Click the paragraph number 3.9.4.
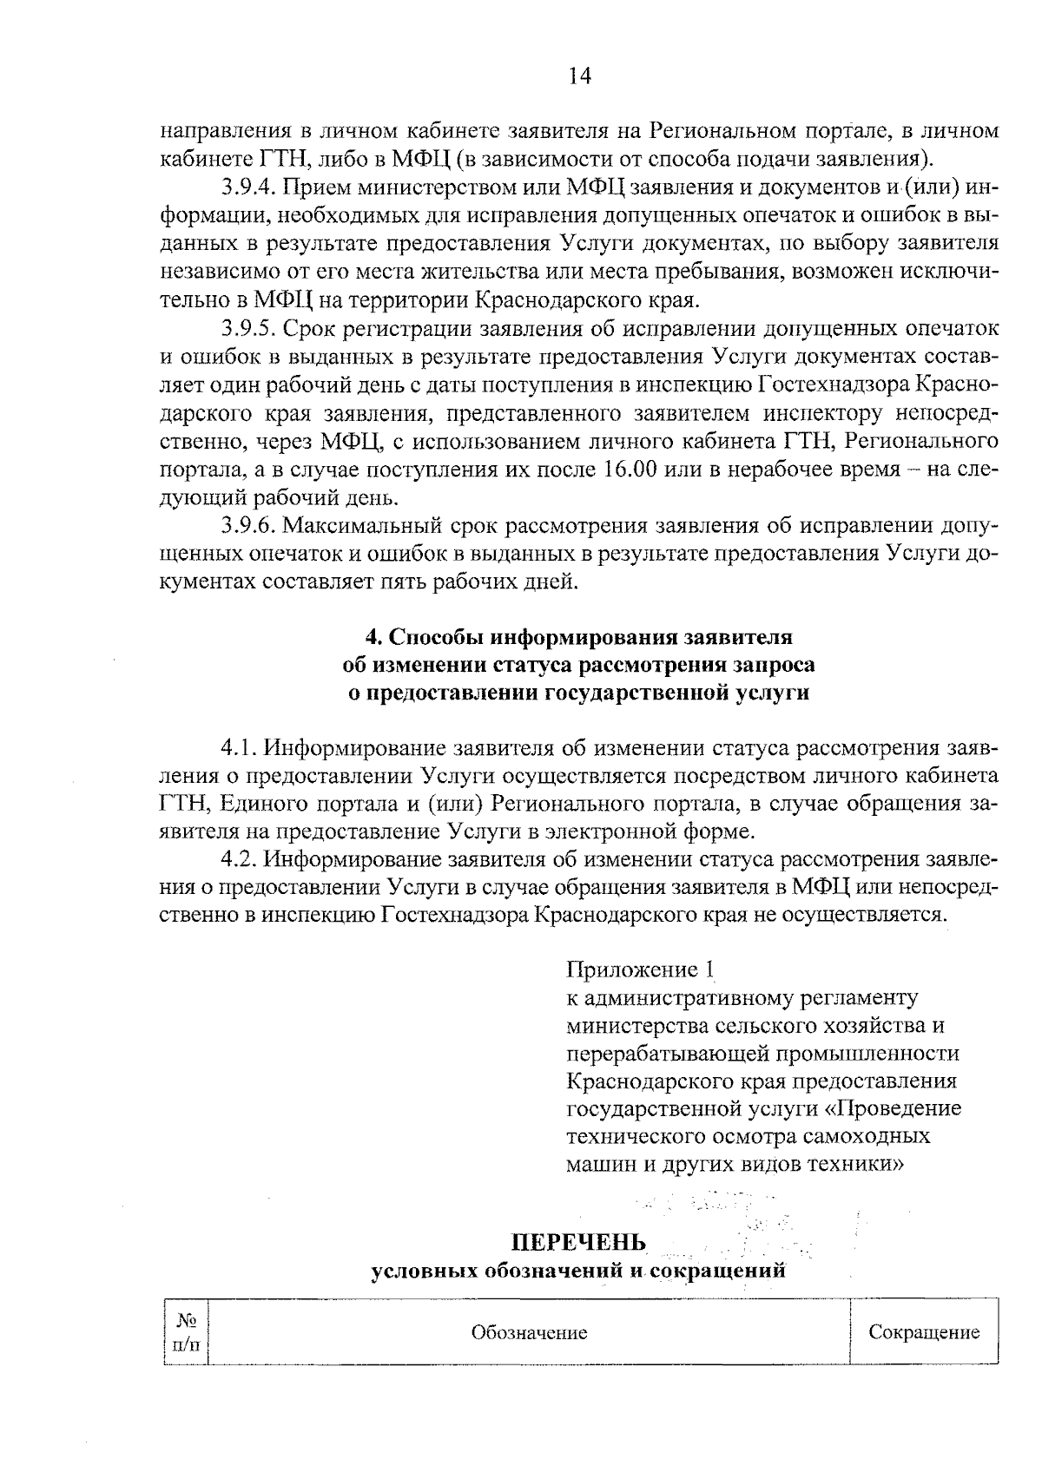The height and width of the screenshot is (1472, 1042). (247, 187)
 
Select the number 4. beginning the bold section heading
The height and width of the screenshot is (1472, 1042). (373, 637)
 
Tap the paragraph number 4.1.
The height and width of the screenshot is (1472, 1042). (239, 748)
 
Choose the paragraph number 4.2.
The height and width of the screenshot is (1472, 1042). (239, 859)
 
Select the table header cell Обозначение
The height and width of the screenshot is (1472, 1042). (529, 1332)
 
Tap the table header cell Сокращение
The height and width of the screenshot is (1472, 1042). (924, 1332)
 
